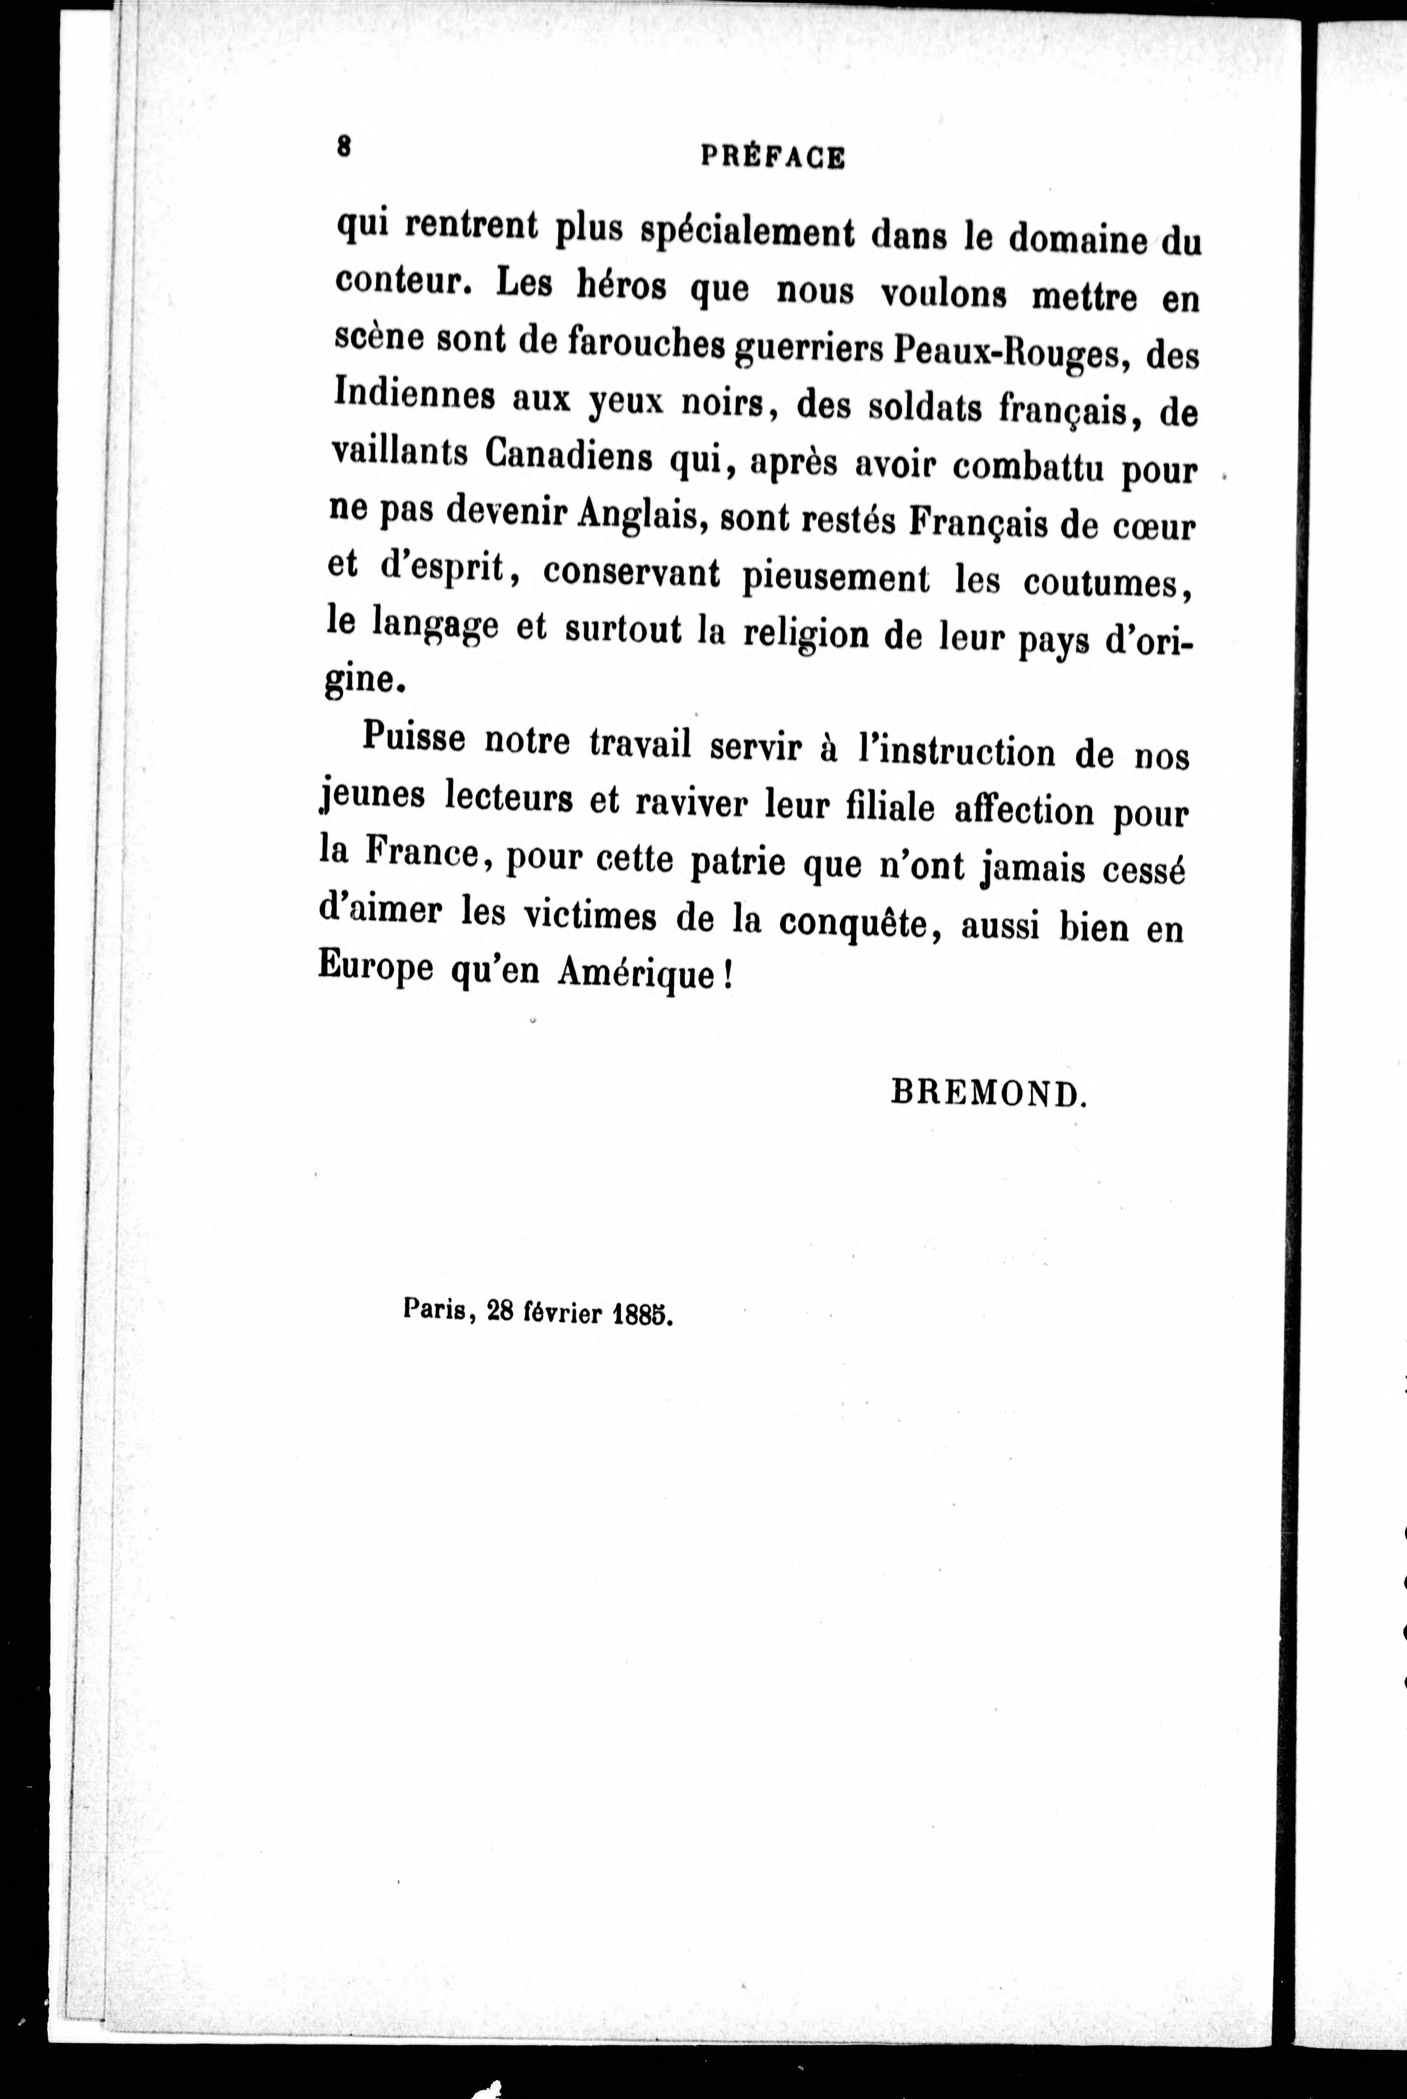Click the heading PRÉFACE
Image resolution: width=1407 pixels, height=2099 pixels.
coord(772,158)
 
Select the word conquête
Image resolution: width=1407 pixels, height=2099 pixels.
coord(852,923)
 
